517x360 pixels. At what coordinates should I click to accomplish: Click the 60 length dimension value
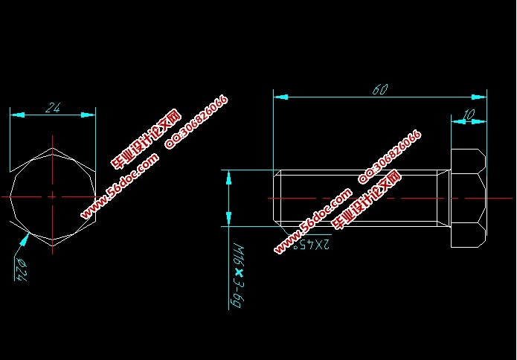380,90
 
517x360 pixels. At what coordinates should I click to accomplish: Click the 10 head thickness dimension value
469,115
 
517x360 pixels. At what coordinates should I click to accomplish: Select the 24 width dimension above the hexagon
53,108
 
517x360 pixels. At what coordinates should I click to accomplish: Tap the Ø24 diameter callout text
19,268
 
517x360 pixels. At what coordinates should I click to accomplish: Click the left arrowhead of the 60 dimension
280,96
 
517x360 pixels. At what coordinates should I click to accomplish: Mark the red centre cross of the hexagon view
53,196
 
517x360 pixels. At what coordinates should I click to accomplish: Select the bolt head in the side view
469,198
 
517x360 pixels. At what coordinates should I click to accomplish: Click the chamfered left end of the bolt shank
277,198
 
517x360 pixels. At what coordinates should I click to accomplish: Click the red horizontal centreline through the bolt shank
357,199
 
